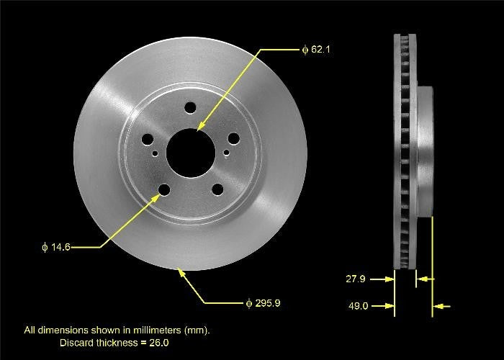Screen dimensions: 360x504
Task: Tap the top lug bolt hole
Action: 190,107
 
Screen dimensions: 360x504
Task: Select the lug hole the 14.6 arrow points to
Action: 164,190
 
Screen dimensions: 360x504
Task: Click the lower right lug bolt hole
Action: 216,190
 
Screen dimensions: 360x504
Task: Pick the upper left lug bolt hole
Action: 148,141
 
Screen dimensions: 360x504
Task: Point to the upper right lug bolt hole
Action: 233,141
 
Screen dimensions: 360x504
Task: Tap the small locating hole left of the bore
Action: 154,153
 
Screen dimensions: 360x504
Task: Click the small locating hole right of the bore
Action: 227,153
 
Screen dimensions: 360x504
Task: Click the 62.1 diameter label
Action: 315,50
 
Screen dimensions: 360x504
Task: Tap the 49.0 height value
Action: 359,306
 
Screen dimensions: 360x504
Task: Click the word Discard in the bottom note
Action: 76,342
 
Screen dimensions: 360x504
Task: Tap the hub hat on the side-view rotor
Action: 425,151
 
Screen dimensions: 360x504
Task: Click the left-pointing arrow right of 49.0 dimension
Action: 442,307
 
